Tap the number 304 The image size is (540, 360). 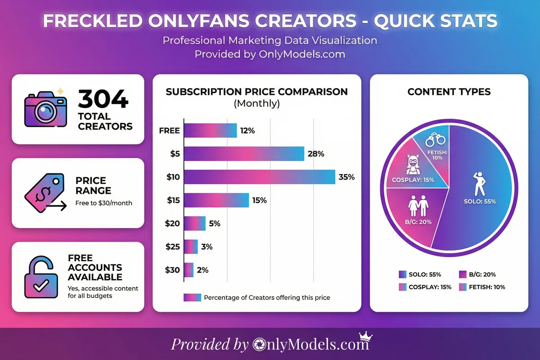(103, 99)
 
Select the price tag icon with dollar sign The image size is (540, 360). (40, 195)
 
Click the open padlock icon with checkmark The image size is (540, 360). (41, 276)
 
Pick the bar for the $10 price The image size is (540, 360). (259, 177)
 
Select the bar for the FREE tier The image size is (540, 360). (210, 131)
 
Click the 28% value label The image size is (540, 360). (315, 154)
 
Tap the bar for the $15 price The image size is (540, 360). (216, 200)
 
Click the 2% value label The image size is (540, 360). (202, 270)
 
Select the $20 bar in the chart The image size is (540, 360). (195, 223)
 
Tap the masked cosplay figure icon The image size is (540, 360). (413, 165)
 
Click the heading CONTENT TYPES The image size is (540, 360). (449, 92)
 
